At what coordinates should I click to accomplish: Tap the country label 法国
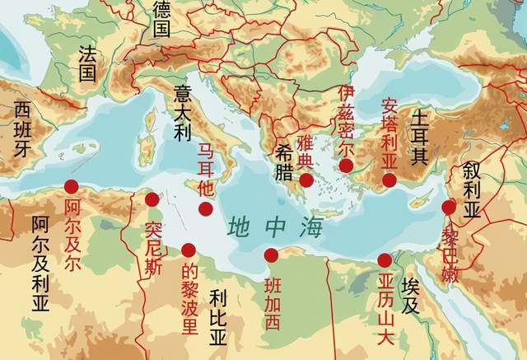(87, 63)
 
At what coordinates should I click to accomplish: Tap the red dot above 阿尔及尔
(72, 187)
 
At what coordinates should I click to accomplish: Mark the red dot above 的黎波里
(189, 250)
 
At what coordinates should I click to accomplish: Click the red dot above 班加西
(272, 255)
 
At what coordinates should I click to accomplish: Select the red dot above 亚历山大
(385, 260)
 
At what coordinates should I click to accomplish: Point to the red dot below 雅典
(305, 180)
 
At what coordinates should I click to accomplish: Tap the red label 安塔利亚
(389, 135)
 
